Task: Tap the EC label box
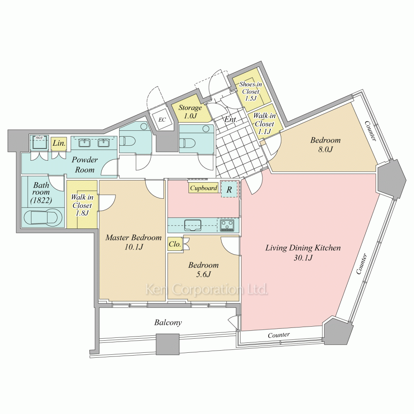coord(162,120)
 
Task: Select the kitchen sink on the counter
coord(193,225)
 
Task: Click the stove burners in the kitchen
coord(227,225)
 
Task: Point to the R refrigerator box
coord(229,189)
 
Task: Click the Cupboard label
coord(203,188)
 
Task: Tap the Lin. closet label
coord(59,143)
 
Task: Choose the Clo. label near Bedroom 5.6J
coord(175,244)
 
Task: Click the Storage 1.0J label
coord(190,111)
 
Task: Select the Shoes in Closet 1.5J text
coord(250,91)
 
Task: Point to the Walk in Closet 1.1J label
coord(264,123)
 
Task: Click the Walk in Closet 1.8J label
coord(82,205)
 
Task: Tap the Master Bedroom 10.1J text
coord(134,242)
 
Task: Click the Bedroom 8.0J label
coord(325,144)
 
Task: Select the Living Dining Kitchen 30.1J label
coord(303,253)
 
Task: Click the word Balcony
coord(168,323)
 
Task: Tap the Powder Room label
coord(85,164)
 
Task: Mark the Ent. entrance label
coord(231,119)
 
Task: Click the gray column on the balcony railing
coord(168,344)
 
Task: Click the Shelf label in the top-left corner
coord(39,138)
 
